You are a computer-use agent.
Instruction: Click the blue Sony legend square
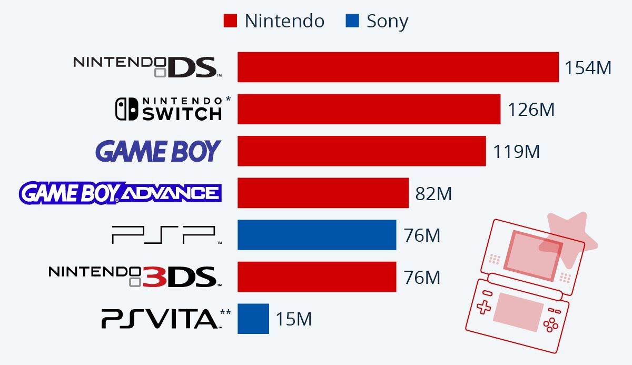pos(352,21)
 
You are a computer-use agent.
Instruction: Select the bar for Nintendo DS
pos(398,67)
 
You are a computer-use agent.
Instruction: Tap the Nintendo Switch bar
pos(369,109)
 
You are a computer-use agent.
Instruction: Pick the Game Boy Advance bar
pos(323,193)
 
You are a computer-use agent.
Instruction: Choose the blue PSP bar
pos(317,235)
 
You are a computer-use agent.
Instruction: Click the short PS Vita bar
pos(253,319)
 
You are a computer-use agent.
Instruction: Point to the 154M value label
pos(588,68)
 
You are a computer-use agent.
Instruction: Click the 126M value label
pos(531,110)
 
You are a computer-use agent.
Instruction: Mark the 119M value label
pos(516,152)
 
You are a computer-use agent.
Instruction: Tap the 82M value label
pos(433,193)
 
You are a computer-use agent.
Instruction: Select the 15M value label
pos(293,319)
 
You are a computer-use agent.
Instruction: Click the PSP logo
pos(164,235)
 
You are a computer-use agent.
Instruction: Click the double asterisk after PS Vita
pos(225,313)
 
